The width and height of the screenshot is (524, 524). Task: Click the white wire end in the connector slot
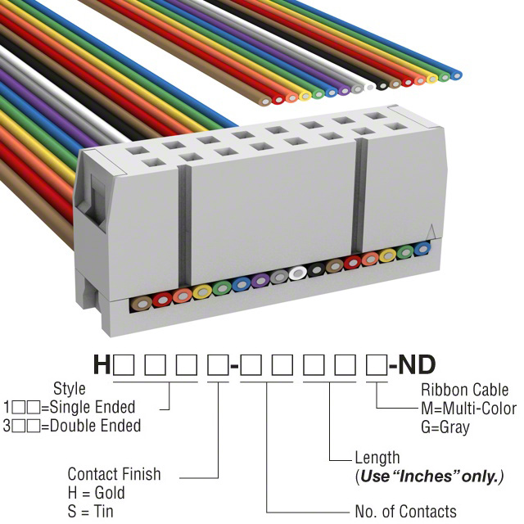pyautogui.click(x=297, y=273)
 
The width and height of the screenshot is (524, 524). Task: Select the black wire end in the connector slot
pyautogui.click(x=315, y=271)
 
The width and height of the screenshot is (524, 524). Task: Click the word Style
pyautogui.click(x=70, y=388)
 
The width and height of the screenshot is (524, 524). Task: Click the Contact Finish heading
pyautogui.click(x=114, y=474)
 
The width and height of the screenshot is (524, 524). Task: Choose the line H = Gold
pyautogui.click(x=97, y=493)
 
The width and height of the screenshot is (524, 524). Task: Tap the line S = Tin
pyautogui.click(x=91, y=512)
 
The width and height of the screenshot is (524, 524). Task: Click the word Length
pyautogui.click(x=377, y=458)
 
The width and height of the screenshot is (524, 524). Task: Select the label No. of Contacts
pyautogui.click(x=406, y=512)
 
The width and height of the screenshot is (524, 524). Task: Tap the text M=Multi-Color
pyautogui.click(x=468, y=408)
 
